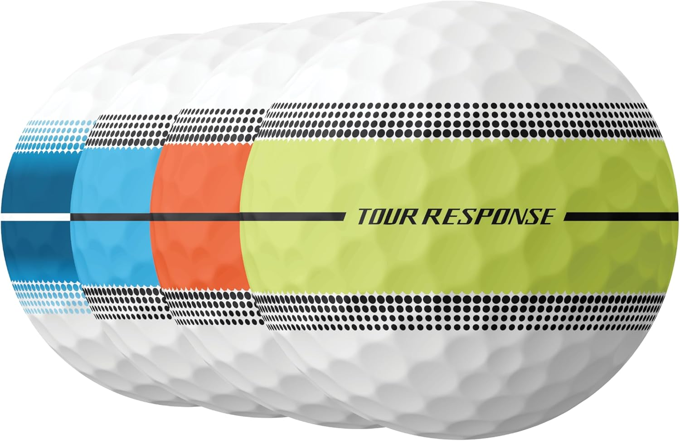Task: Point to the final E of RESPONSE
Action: point(545,217)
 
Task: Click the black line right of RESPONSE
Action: point(621,217)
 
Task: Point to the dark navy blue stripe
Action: point(36,181)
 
